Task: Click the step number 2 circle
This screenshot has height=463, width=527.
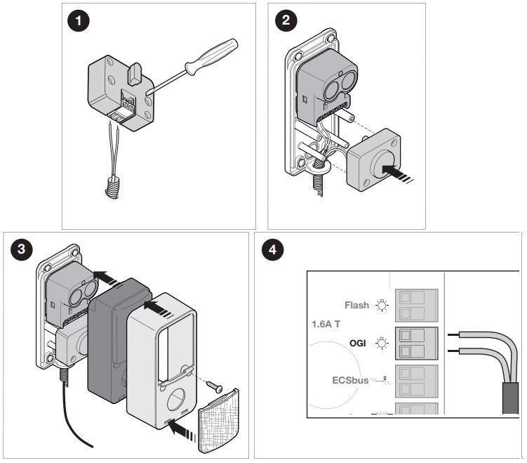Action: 285,21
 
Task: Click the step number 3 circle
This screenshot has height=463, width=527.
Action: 21,249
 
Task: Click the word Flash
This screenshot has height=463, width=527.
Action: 358,306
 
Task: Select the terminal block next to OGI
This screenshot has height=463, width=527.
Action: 418,344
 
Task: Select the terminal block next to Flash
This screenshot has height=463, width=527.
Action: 418,306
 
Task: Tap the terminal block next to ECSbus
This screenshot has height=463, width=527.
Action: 418,382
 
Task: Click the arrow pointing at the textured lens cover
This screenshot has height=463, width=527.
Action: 183,428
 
